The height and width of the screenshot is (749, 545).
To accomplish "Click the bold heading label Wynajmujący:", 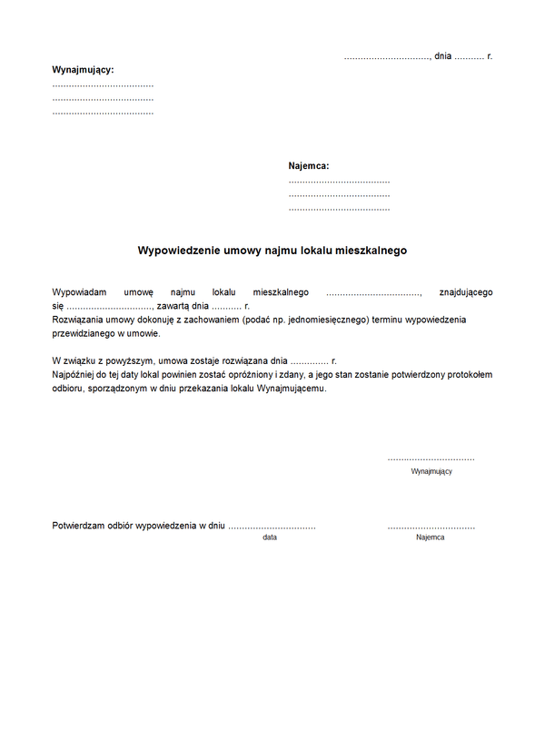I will (x=84, y=69).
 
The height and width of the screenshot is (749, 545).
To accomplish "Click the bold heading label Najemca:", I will (x=309, y=166).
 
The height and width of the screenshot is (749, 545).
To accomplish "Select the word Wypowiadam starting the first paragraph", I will (x=80, y=292).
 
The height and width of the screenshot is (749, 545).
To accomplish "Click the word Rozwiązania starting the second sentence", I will (x=78, y=320).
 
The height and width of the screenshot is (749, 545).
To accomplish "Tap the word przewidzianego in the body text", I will (x=84, y=334).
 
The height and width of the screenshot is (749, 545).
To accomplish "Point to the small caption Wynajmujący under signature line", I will (x=431, y=471).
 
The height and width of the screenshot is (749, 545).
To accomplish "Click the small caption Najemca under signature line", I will (x=431, y=537).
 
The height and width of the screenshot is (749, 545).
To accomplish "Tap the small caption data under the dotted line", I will (x=270, y=537).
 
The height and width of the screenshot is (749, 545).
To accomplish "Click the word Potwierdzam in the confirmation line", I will (x=79, y=526).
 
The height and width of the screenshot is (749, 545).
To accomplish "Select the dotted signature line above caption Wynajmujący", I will (x=431, y=459).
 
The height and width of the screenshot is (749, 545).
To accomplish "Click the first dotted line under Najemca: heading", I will (x=339, y=182).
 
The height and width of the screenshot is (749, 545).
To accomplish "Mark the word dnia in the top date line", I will (x=443, y=56).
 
